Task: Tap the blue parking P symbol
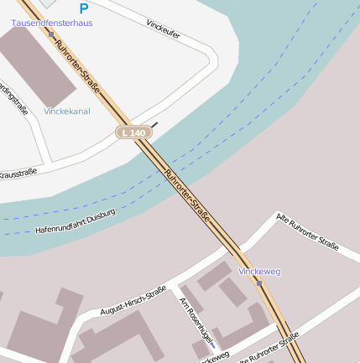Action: [x=83, y=8]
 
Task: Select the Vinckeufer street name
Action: [x=163, y=29]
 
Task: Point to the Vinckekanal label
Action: [x=67, y=111]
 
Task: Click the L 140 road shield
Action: [x=133, y=132]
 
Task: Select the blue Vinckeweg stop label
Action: [x=259, y=272]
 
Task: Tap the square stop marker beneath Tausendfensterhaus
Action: [x=51, y=34]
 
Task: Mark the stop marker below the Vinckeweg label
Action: [x=259, y=283]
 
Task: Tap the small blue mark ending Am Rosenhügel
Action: [x=213, y=345]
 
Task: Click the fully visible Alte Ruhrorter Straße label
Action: [x=307, y=232]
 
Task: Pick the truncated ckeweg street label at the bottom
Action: [x=213, y=357]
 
